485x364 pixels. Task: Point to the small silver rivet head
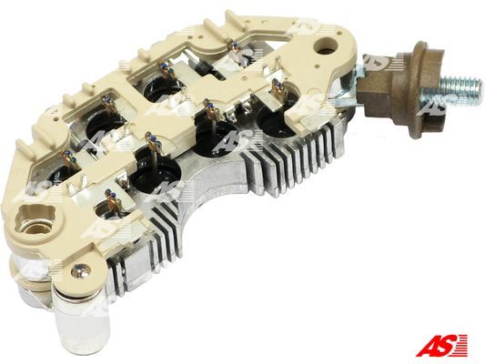[78, 271]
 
